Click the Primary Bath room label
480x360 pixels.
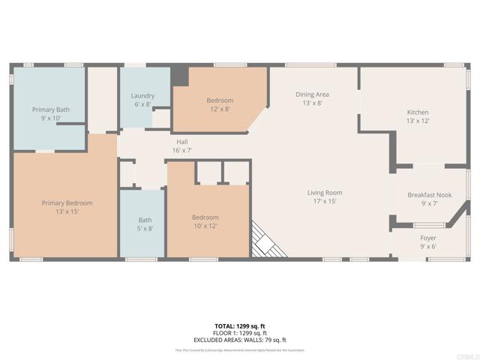tap(51, 109)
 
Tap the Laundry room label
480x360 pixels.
tap(142, 96)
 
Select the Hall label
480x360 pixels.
tap(182, 141)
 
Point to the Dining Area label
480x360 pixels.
tap(312, 94)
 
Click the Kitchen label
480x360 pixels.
tap(418, 112)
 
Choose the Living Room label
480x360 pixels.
tap(325, 193)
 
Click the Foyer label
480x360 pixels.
tap(427, 238)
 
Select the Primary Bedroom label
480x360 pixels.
tap(67, 203)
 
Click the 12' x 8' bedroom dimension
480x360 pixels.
tap(220, 109)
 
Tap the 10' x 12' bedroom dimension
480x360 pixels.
tap(205, 226)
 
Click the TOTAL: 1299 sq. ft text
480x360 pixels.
tap(240, 325)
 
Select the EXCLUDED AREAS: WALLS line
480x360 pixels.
tap(240, 338)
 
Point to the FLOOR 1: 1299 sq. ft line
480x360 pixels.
tap(240, 332)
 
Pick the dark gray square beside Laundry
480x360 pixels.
tap(180, 76)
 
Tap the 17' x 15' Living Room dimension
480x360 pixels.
tap(325, 201)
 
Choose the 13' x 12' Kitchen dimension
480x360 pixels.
tap(418, 121)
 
